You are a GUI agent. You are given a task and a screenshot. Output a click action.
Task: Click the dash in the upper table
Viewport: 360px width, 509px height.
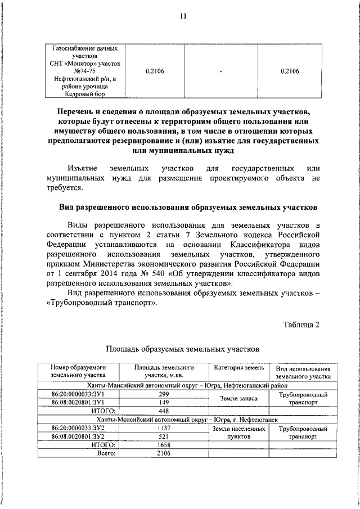click(222, 71)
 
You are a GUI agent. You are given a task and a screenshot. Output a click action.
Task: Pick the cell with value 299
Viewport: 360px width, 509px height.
click(164, 394)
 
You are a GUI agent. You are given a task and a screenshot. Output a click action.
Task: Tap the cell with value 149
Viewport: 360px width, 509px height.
click(164, 403)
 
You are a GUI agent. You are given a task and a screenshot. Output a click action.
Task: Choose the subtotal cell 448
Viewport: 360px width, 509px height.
click(164, 411)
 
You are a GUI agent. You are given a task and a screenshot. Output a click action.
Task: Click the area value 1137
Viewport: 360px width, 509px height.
click(164, 427)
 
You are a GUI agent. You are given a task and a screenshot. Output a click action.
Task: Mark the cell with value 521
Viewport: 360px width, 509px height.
click(164, 436)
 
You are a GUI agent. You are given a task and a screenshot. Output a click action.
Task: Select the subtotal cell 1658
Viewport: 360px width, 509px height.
click(164, 444)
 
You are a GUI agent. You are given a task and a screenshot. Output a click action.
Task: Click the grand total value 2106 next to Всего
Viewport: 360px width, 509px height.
click(164, 453)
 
